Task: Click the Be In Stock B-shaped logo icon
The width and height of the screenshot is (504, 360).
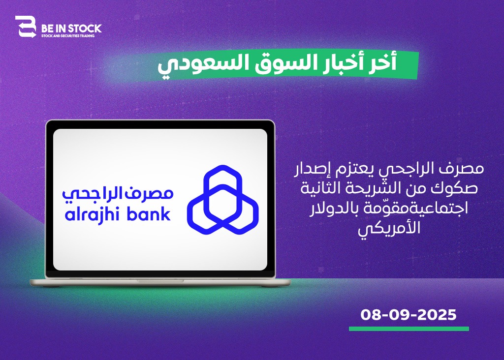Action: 26,27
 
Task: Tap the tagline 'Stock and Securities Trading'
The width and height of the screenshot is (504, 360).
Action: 68,35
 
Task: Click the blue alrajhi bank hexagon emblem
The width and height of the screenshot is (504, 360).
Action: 223,200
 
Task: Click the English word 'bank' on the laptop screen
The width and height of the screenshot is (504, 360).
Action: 149,214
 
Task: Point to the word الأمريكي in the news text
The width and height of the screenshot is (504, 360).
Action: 389,229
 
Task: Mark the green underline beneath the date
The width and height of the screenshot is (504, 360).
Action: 409,329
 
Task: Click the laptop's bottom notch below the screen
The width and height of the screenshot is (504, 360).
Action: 160,281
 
